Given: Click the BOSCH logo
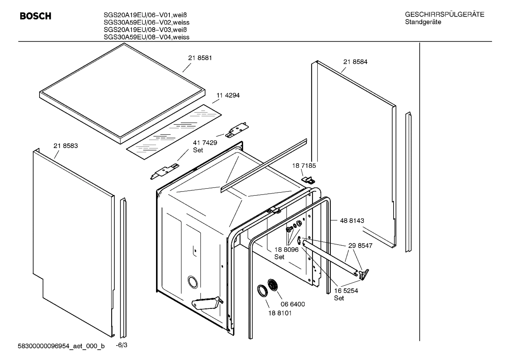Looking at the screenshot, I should click(35, 16).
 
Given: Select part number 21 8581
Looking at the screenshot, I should click(200, 58).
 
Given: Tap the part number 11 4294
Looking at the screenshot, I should click(228, 95).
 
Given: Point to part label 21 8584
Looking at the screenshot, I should click(355, 62).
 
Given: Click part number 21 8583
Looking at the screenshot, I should click(66, 146).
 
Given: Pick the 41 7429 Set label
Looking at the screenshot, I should click(205, 146).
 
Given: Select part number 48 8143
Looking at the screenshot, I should click(352, 221).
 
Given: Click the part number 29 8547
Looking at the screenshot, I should click(360, 246).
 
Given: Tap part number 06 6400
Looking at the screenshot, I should click(293, 304).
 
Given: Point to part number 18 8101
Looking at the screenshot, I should click(280, 313).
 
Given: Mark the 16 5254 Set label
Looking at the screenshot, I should click(346, 294).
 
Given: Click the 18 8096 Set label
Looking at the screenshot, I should click(286, 253).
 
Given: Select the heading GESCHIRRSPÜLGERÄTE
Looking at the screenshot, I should click(444, 15).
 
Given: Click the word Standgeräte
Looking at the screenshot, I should click(423, 22).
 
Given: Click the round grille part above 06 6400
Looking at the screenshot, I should click(273, 285).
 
